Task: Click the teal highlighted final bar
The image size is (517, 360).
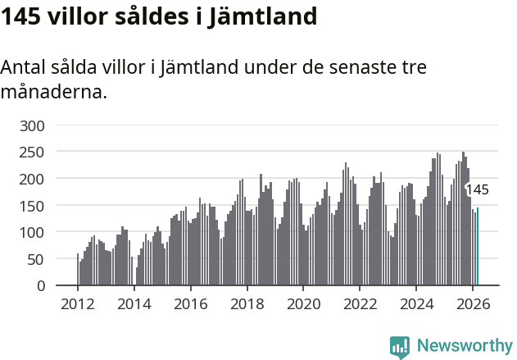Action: coord(478,247)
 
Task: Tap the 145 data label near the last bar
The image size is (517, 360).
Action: coord(477,189)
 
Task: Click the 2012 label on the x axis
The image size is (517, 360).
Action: coord(78,303)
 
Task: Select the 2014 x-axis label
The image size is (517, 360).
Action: coord(134,303)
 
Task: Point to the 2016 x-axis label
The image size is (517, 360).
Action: coord(191,303)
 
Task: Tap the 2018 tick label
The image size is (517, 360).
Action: coord(247,303)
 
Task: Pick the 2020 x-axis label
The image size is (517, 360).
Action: coord(303,303)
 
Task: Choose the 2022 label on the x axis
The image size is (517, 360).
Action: coord(360,303)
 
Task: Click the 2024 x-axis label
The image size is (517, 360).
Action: coord(416,303)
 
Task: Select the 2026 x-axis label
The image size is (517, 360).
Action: coord(473,303)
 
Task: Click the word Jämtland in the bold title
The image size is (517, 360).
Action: coord(257,16)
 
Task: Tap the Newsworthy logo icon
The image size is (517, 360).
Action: coord(400,347)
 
